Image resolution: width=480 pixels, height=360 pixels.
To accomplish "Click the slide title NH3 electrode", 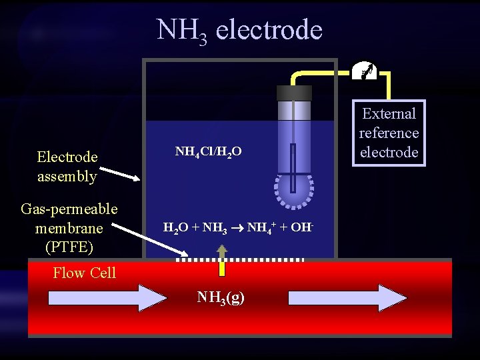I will coord(239,30).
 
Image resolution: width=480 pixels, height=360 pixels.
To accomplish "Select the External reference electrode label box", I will coord(389,133).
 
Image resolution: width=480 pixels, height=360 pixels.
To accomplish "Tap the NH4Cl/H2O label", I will coord(207,152).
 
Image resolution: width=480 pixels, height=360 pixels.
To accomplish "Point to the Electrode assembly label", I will coord(67,167).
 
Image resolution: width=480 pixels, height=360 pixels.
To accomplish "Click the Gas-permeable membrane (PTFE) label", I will coord(69,228).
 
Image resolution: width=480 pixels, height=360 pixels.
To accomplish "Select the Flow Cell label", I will coord(84,273).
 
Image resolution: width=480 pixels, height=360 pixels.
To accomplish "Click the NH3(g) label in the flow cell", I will coord(221,297).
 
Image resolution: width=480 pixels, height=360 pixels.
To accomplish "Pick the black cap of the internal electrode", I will coord(294,93).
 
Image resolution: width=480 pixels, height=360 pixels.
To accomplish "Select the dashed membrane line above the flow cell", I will coord(240,259).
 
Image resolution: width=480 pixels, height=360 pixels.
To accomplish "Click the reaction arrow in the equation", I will coord(237,228).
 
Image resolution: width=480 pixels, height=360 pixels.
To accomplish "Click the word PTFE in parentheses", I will coord(69,247).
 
